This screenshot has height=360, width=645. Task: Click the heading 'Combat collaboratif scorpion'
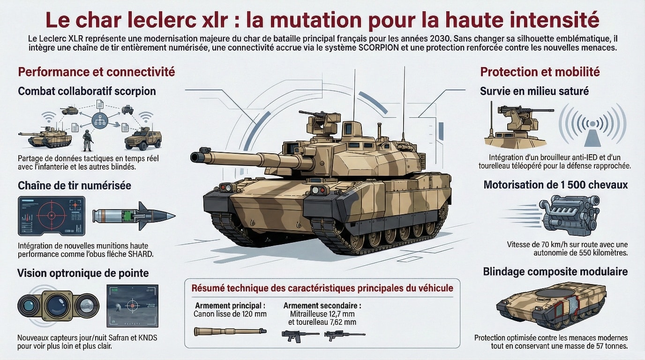coord(87,91)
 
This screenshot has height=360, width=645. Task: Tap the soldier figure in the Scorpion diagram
coord(87,141)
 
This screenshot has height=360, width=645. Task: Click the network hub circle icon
coord(100,120)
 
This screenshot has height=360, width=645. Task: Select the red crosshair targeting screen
coord(52,216)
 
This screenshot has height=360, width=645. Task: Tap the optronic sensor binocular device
coord(58,306)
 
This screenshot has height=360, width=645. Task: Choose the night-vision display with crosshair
coord(133,306)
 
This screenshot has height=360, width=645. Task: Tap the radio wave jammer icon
coord(592,125)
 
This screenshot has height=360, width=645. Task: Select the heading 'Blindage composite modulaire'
coord(555,271)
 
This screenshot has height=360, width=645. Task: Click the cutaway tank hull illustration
coord(551,305)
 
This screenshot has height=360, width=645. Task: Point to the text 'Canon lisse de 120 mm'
coord(230,314)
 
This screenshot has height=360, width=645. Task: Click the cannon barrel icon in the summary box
coord(230,331)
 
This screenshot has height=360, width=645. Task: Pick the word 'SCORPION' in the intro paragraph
coord(379,47)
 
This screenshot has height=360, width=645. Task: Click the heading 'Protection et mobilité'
coord(540,72)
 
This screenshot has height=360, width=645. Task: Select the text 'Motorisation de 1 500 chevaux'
coord(556,185)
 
